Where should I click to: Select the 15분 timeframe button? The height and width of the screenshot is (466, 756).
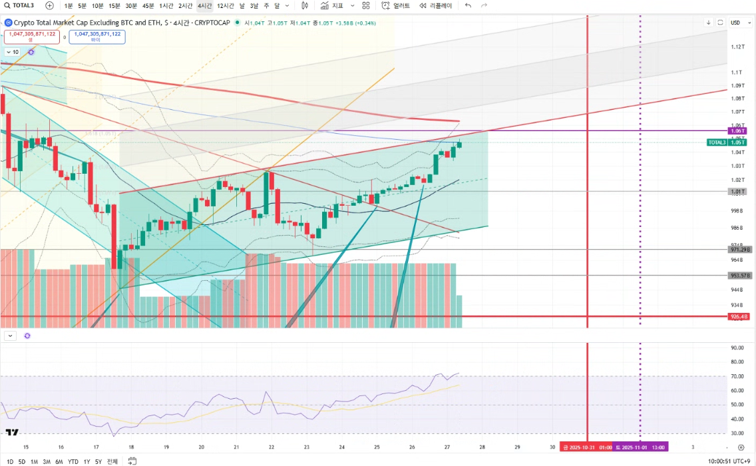pyautogui.click(x=114, y=5)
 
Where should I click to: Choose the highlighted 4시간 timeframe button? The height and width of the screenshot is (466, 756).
pyautogui.click(x=204, y=5)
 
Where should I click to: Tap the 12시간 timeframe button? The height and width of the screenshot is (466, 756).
pyautogui.click(x=226, y=5)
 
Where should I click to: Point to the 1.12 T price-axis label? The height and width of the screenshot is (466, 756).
pyautogui.click(x=737, y=47)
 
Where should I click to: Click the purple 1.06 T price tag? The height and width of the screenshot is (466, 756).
pyautogui.click(x=737, y=131)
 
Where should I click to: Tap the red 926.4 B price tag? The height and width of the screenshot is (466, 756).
pyautogui.click(x=739, y=317)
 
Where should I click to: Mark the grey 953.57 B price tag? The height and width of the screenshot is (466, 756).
pyautogui.click(x=739, y=276)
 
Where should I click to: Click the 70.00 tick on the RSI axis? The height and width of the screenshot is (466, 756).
pyautogui.click(x=737, y=376)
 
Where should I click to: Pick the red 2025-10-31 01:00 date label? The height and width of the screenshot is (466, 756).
pyautogui.click(x=586, y=447)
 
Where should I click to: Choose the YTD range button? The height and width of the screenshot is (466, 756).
pyautogui.click(x=73, y=461)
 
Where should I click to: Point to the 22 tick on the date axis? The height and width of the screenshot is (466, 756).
pyautogui.click(x=272, y=447)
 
